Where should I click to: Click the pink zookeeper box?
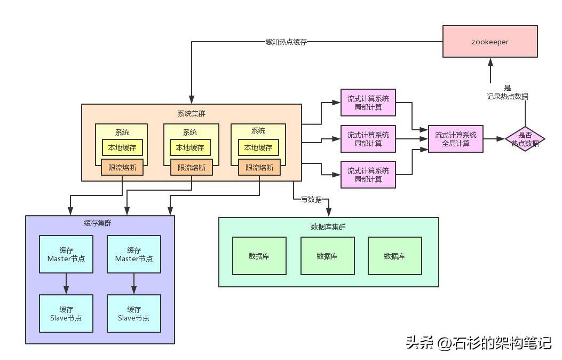click(490, 41)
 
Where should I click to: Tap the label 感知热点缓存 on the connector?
click(286, 42)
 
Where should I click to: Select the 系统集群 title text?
click(192, 114)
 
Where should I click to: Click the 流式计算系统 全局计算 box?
click(456, 139)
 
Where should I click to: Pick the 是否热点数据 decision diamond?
click(525, 139)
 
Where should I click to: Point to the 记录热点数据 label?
click(507, 96)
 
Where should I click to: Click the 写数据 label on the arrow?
click(311, 199)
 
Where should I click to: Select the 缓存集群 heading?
click(98, 223)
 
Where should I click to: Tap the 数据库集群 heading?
click(328, 226)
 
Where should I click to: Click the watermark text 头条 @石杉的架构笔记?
click(479, 343)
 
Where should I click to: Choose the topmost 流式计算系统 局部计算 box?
click(368, 103)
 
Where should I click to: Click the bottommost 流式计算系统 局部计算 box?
click(368, 175)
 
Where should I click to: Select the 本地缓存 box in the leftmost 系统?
click(122, 147)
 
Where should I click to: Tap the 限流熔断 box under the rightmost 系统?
click(259, 168)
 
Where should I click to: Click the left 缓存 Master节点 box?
click(66, 254)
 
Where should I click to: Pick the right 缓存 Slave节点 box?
click(133, 314)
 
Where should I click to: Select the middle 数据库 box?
click(327, 256)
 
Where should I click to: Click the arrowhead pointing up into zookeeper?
click(490, 62)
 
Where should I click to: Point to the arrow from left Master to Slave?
click(66, 284)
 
